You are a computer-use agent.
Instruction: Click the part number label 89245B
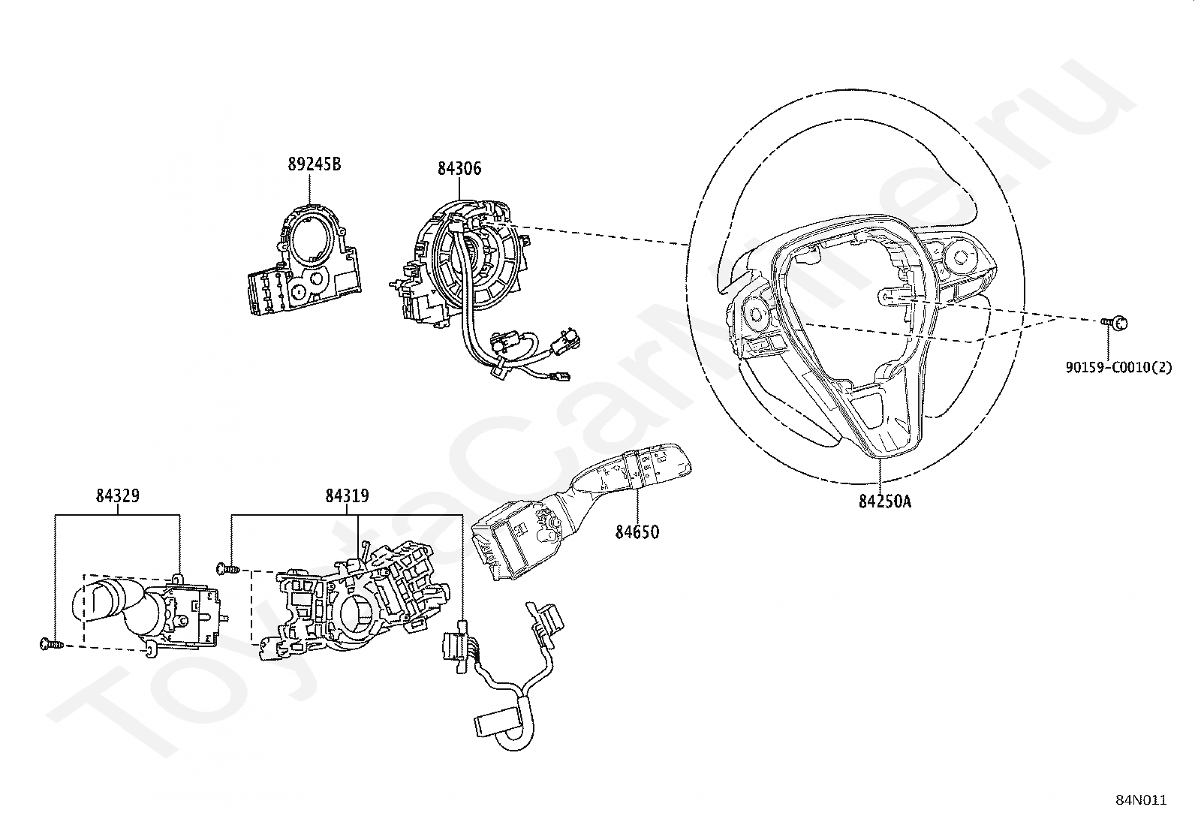pyautogui.click(x=314, y=164)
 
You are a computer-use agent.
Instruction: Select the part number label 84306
pyautogui.click(x=459, y=170)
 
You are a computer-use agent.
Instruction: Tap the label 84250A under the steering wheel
pyautogui.click(x=885, y=501)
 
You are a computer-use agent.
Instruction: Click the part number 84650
pyautogui.click(x=637, y=532)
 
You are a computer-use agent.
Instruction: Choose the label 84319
pyautogui.click(x=347, y=496)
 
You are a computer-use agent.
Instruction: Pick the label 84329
pyautogui.click(x=117, y=496)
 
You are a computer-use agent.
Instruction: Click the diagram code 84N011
pyautogui.click(x=1140, y=800)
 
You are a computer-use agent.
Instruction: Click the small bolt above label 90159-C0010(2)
pyautogui.click(x=1115, y=323)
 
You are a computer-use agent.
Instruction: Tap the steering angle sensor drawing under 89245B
pyautogui.click(x=304, y=262)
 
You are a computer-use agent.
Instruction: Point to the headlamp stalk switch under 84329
pyautogui.click(x=150, y=612)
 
